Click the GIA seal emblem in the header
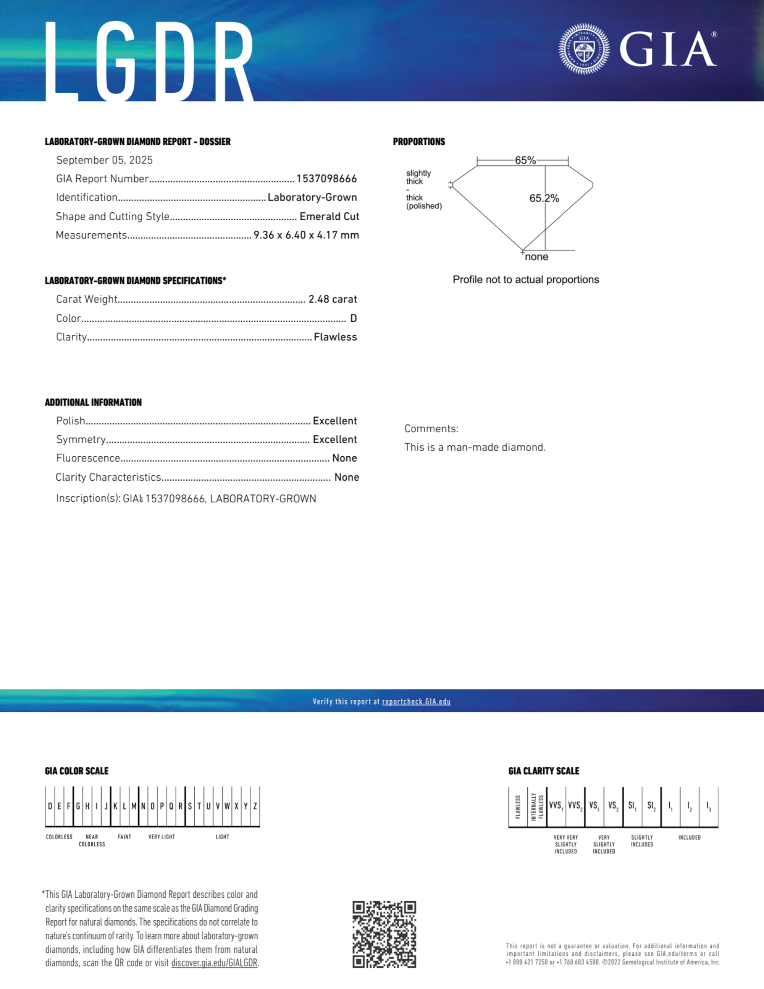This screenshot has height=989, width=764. (584, 49)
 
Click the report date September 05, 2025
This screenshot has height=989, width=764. (104, 160)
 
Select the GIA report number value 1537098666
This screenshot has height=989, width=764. (326, 179)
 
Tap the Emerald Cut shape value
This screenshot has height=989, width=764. (329, 217)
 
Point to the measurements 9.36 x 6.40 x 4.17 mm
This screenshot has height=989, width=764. (306, 235)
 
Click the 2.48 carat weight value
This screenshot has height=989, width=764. (333, 299)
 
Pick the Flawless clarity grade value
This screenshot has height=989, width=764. (335, 337)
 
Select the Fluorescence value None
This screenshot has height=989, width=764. (344, 458)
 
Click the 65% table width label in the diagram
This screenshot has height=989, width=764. (525, 160)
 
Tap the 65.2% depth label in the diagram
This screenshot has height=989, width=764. (544, 198)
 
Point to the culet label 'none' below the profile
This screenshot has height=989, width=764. (537, 257)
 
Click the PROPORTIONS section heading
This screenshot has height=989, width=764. (419, 142)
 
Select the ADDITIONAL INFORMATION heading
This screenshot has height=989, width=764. (93, 402)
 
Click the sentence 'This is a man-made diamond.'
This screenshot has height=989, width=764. (475, 448)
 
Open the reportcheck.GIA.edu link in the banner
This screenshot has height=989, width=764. (416, 701)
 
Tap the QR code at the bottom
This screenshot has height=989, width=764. (384, 934)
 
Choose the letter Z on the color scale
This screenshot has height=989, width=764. (255, 806)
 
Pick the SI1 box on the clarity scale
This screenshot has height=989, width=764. (632, 806)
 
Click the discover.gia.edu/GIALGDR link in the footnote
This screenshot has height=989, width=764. (214, 963)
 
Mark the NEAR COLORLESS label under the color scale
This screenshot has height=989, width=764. (92, 840)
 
